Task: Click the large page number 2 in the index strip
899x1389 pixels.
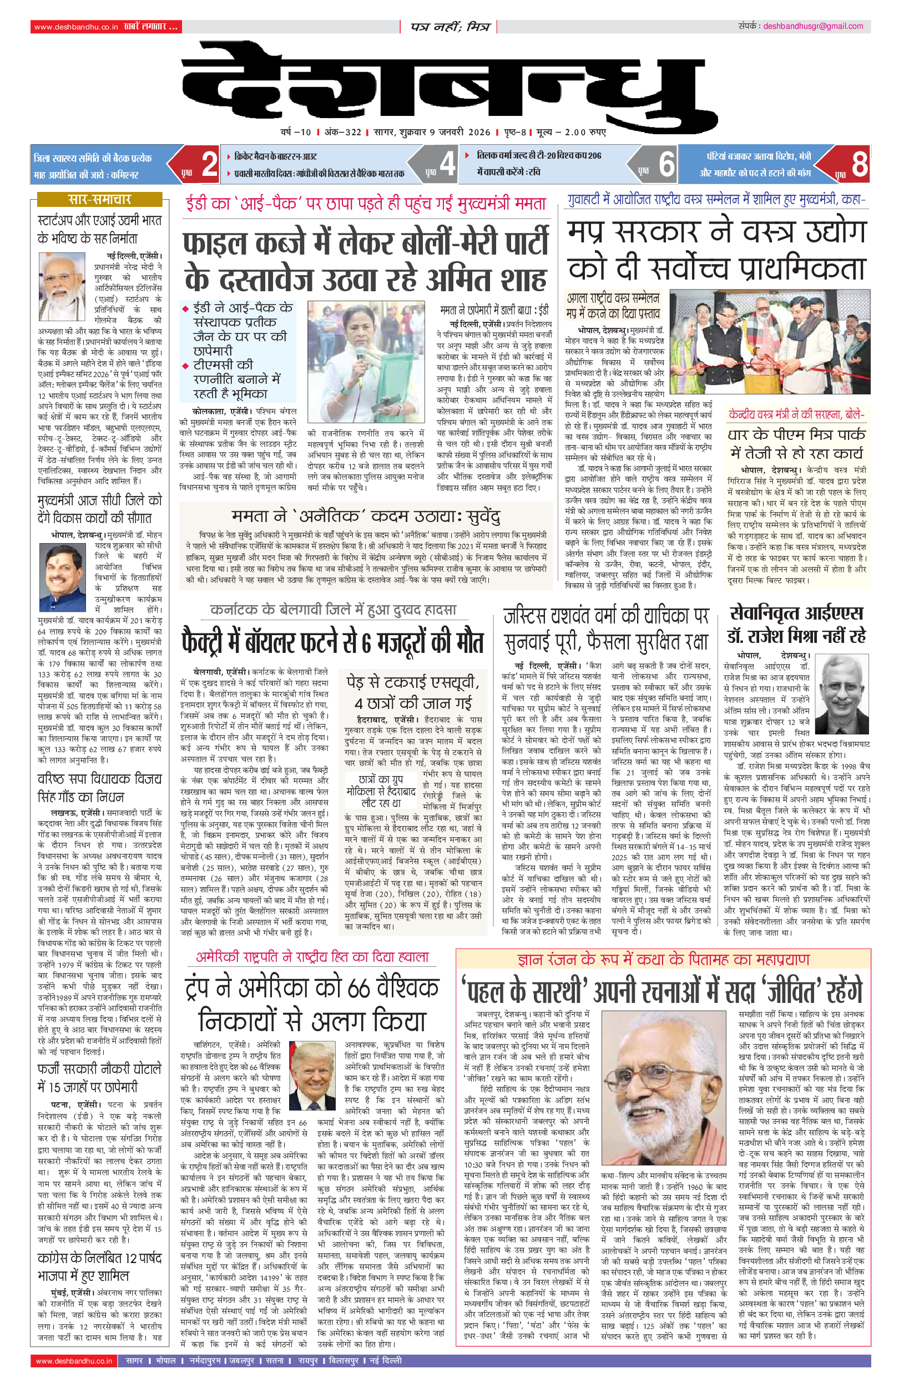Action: tap(210, 164)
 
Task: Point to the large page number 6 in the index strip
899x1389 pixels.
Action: tap(666, 164)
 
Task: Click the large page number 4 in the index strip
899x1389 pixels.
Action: tap(447, 164)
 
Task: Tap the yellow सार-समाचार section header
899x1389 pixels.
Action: tap(99, 200)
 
